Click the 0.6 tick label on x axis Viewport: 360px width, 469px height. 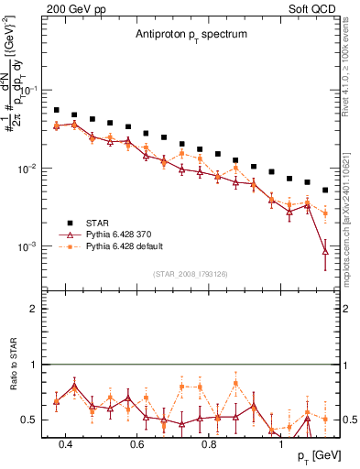pos(136,446)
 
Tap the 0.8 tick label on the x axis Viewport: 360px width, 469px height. pos(209,446)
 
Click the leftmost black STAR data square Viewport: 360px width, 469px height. pos(57,110)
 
